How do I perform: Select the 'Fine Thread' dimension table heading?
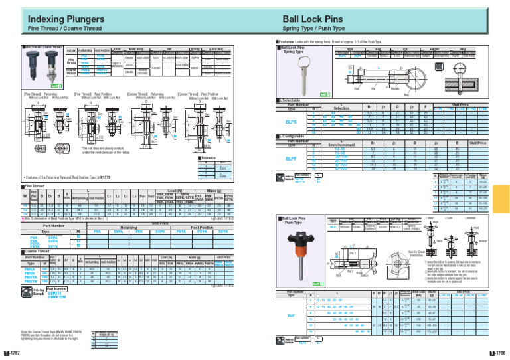tap(19, 187)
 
